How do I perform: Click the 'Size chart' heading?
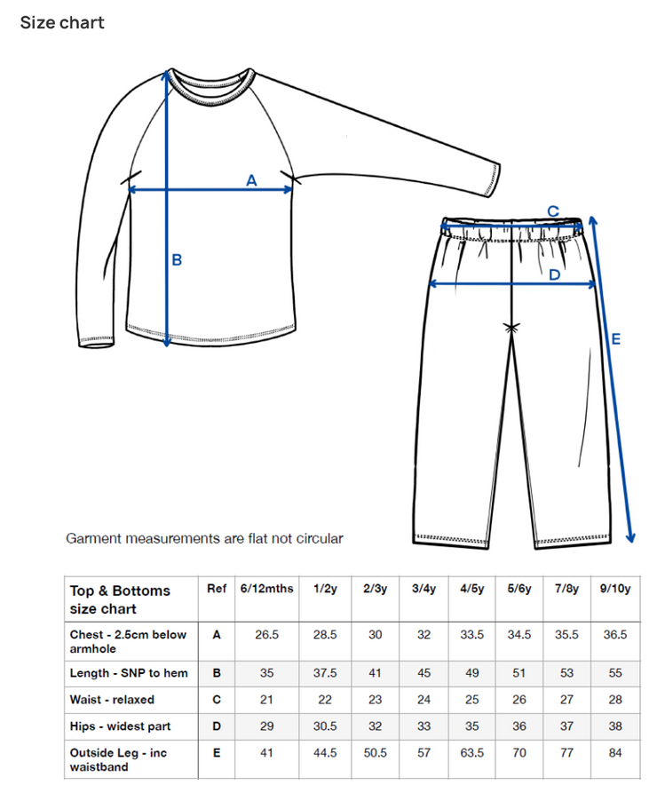coord(62,22)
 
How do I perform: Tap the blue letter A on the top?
coord(251,180)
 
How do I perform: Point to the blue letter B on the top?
coord(177,259)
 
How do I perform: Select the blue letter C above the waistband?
coord(552,211)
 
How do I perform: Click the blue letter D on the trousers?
coord(554,275)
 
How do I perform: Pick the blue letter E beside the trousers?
coord(615,338)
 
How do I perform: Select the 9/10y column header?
coord(613,590)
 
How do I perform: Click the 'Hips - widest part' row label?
coord(120,726)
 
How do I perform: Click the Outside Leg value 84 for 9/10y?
coord(613,753)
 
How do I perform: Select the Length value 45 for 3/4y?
coord(423,673)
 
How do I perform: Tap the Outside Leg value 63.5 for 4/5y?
coord(471,753)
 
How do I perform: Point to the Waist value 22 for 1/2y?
coord(324,700)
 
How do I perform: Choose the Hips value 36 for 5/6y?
coord(518,726)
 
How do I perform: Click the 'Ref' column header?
coord(217,590)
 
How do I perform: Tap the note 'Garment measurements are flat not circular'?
coord(204,538)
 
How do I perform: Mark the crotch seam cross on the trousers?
coord(511,328)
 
